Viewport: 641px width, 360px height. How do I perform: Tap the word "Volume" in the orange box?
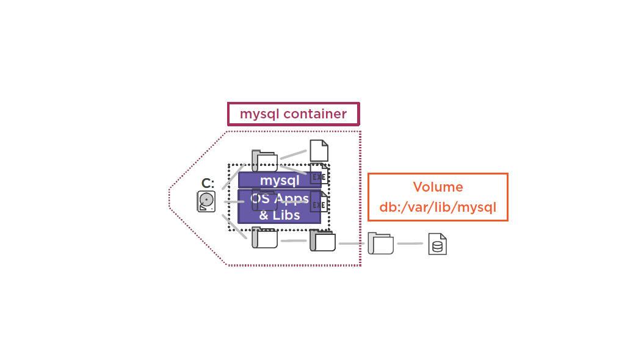(438, 187)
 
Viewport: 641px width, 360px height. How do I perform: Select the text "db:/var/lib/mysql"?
(438, 207)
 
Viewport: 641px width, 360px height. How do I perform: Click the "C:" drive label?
(208, 183)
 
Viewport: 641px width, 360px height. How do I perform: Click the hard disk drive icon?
(206, 201)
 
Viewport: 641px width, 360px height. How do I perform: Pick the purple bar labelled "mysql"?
(279, 181)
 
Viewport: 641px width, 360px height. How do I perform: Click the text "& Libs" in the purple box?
(279, 215)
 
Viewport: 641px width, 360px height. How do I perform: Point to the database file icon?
(437, 244)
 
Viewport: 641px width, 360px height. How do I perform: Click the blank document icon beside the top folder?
(319, 150)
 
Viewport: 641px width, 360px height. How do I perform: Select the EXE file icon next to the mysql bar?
(319, 175)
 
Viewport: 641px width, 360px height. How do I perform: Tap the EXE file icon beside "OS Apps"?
(319, 202)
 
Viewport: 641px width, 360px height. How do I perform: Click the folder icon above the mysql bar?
(264, 160)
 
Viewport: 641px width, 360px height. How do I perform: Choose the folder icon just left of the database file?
(381, 243)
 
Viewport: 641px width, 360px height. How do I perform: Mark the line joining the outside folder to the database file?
(410, 243)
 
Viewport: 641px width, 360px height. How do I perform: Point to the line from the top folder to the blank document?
(293, 153)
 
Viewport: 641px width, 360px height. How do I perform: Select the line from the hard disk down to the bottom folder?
(234, 225)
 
